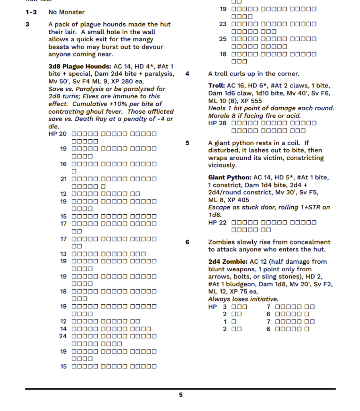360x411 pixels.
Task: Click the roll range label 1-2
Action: [31, 12]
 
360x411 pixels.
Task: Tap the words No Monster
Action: [66, 12]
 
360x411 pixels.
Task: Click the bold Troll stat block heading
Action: [217, 85]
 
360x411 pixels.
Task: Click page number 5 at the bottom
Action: [180, 395]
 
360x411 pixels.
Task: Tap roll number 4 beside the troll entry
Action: [187, 74]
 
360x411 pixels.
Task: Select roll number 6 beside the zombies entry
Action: [187, 242]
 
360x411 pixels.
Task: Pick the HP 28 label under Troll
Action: [217, 123]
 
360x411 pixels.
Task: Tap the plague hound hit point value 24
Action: [63, 336]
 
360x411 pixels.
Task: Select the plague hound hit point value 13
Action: [63, 254]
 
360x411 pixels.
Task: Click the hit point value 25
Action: [223, 39]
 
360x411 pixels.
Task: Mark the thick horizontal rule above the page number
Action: [180, 389]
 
